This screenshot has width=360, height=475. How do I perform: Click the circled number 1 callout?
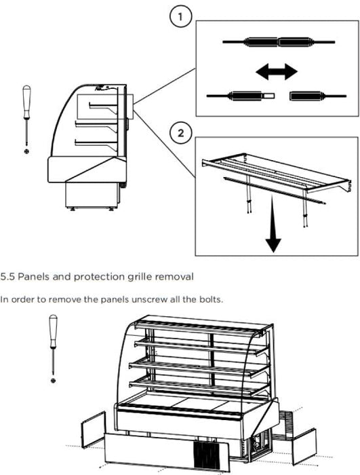click(180, 17)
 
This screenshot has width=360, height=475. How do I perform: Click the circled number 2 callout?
click(181, 133)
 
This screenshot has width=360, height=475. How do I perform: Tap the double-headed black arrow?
click(277, 71)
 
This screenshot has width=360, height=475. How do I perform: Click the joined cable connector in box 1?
click(279, 42)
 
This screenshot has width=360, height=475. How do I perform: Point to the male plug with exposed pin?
click(241, 96)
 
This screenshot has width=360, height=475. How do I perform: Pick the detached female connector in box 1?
click(318, 96)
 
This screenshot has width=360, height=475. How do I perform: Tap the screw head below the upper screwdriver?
click(27, 151)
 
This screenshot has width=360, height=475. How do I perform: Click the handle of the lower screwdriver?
click(54, 331)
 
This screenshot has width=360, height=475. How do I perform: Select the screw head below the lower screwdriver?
click(54, 380)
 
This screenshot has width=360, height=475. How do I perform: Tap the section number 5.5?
click(7, 277)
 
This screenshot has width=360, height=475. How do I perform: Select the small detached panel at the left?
click(94, 430)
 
